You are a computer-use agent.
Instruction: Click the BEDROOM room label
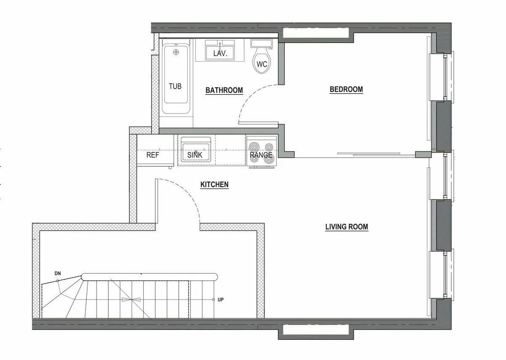coord(346,89)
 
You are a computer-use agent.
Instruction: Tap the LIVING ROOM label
coord(346,227)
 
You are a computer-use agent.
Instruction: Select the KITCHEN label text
coord(214,185)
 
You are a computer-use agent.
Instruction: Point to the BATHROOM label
coord(224,90)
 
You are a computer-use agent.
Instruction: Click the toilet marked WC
coord(262,63)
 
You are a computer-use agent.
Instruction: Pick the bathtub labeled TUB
coord(175,80)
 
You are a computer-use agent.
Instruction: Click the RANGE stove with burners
coord(261,151)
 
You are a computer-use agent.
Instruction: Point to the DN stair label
coord(58,273)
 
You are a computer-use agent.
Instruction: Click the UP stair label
coord(221,300)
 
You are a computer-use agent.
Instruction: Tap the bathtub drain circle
coord(176,52)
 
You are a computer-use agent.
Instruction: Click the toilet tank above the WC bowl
coord(261,43)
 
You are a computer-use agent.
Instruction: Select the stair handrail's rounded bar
coord(149,277)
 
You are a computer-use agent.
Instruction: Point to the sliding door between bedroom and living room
coord(371,154)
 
